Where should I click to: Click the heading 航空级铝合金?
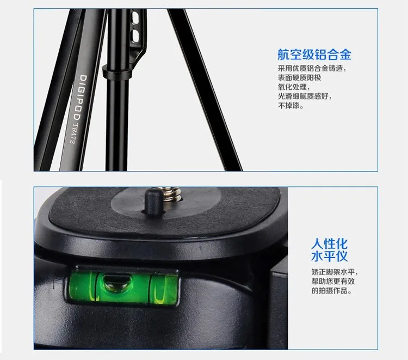coord(314,54)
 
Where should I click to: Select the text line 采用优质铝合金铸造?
coord(312,69)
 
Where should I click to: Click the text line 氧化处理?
coord(293,87)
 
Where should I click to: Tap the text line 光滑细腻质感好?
coord(305,96)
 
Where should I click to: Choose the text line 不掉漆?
coord(291,106)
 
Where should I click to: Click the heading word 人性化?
coord(329,243)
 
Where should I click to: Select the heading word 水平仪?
coord(329,256)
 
